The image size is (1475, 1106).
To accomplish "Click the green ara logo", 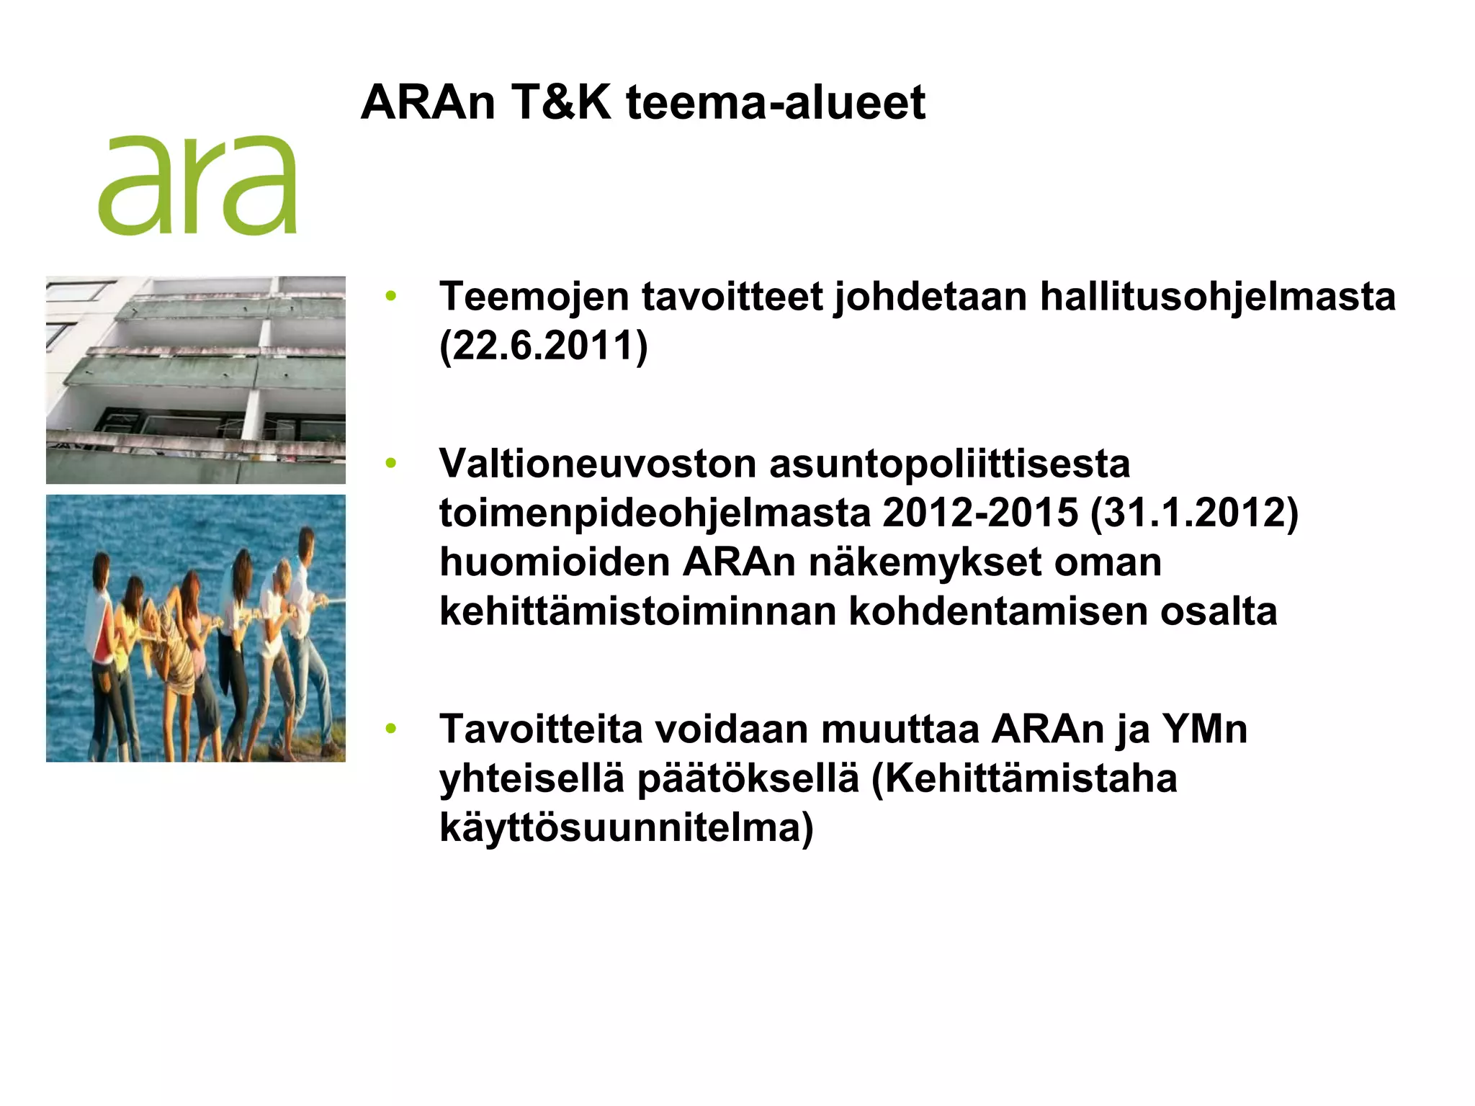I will [197, 185].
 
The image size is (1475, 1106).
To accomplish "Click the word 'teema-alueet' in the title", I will [775, 102].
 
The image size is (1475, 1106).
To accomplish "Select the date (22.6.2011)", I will [544, 346].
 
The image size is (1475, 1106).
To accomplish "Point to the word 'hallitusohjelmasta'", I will [1217, 297].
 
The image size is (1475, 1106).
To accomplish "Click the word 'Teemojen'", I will [534, 297].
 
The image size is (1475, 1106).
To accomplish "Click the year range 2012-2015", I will [980, 513].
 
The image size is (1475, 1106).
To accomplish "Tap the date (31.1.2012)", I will [1194, 513].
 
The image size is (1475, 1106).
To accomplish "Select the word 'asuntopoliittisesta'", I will [950, 464].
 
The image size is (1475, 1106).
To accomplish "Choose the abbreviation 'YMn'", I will [1205, 729].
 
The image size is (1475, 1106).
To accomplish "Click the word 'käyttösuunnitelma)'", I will [627, 828].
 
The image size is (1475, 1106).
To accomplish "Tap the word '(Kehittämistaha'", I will [1024, 778].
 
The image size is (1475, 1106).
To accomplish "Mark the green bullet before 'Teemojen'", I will [391, 296].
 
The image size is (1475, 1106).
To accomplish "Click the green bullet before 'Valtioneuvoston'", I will [391, 463].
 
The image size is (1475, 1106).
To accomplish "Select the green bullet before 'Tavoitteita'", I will [391, 729].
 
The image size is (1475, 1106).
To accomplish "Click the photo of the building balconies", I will [196, 379].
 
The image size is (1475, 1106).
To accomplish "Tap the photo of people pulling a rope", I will [196, 628].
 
